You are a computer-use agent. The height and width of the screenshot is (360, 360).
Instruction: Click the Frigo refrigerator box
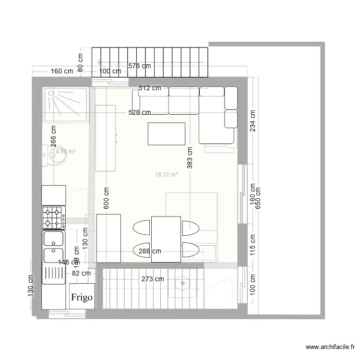(82, 296)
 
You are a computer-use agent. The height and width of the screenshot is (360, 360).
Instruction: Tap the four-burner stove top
(54, 217)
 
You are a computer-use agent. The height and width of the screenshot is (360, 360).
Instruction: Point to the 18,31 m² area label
(167, 175)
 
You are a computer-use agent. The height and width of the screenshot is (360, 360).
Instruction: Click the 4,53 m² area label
(65, 152)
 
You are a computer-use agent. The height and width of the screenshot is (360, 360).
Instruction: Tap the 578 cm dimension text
(139, 66)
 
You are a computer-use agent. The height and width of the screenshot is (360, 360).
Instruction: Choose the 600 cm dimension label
(106, 198)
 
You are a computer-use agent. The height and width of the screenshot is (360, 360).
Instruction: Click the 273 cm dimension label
(153, 279)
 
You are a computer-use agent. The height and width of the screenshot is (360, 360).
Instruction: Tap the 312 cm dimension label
(150, 88)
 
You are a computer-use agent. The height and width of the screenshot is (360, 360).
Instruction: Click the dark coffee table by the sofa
(167, 133)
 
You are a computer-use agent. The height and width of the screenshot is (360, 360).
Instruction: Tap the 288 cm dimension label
(150, 251)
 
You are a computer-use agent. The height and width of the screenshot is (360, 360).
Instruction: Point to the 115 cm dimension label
(252, 244)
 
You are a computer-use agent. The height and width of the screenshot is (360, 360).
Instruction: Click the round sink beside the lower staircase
(182, 283)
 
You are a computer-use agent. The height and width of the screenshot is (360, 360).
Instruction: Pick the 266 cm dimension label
(53, 136)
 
